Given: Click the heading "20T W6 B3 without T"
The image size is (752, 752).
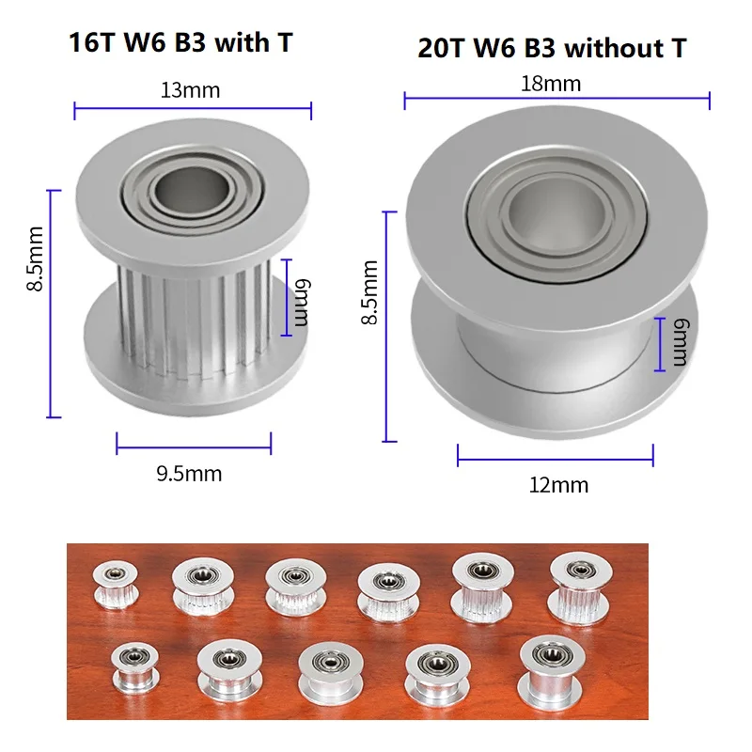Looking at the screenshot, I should pyautogui.click(x=552, y=48).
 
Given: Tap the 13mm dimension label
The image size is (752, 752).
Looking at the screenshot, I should pyautogui.click(x=192, y=90).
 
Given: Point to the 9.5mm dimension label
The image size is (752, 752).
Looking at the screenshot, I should pyautogui.click(x=189, y=473).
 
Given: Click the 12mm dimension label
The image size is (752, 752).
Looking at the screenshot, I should pyautogui.click(x=558, y=485).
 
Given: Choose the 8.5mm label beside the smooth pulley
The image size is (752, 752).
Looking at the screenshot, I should pyautogui.click(x=372, y=291).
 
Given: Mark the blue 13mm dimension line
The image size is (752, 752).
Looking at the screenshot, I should pyautogui.click(x=193, y=109).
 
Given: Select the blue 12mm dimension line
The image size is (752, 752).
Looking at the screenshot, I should pyautogui.click(x=556, y=460).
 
